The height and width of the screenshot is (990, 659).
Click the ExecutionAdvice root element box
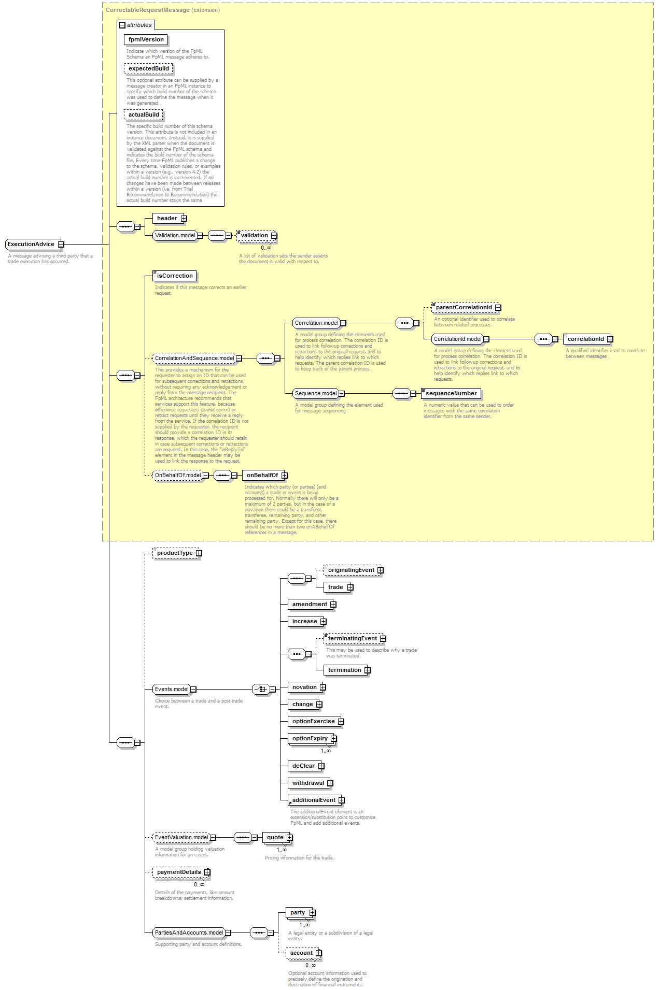[31, 245]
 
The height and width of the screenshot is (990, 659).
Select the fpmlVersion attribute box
[146, 40]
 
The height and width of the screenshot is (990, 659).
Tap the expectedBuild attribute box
[148, 69]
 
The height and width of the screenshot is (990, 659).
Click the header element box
[167, 219]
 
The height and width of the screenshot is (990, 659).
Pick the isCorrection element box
[175, 276]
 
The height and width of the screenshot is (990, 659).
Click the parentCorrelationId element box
[464, 308]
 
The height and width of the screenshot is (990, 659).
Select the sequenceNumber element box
[451, 394]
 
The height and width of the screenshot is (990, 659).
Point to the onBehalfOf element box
[262, 476]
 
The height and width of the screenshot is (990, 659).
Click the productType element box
[175, 553]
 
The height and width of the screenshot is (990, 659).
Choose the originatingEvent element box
[351, 570]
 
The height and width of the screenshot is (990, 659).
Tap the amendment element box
[310, 605]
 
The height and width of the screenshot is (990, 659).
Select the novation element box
[304, 687]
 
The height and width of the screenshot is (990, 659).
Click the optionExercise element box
[313, 722]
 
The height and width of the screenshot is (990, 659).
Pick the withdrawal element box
[308, 783]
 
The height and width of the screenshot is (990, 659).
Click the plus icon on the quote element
[289, 838]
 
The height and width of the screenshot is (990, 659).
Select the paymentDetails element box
[179, 872]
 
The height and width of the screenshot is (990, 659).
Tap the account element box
[301, 953]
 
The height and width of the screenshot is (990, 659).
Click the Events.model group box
[172, 690]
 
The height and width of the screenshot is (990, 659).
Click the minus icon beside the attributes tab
[122, 25]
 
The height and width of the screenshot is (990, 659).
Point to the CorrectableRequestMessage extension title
[148, 10]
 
